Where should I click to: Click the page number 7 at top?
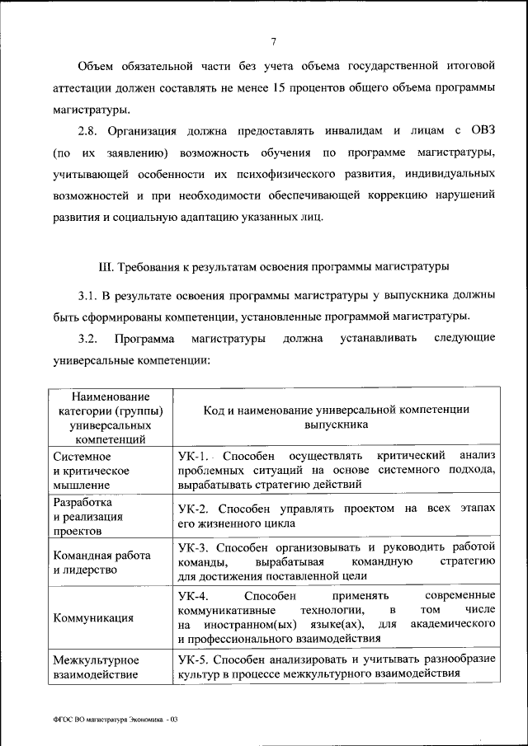[273, 43]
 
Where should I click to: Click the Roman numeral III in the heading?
[104, 267]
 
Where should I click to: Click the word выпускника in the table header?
[336, 425]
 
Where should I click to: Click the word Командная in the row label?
[80, 555]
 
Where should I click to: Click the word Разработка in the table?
[82, 501]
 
